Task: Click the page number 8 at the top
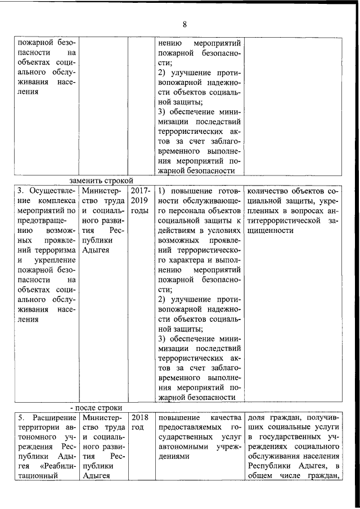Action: [184, 24]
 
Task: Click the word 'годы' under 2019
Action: [140, 211]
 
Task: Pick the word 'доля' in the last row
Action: [256, 418]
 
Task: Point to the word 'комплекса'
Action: [57, 201]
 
